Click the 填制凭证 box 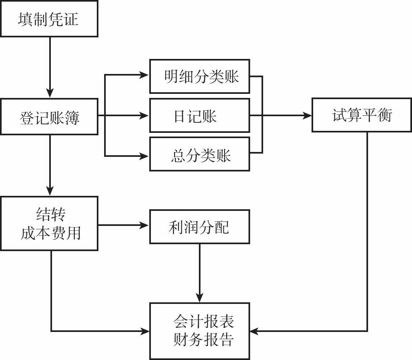coord(49,19)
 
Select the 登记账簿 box coord(49,117)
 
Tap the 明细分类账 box coord(199,76)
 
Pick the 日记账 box coord(199,116)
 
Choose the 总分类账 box coord(199,154)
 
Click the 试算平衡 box coord(362,115)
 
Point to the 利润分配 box coord(199,227)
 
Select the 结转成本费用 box coord(49,223)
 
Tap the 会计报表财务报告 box coord(199,331)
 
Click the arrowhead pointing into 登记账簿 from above coord(50,94)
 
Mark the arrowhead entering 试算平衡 coord(307,116)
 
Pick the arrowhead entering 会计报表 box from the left coord(145,331)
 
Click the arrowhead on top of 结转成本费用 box coord(50,192)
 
